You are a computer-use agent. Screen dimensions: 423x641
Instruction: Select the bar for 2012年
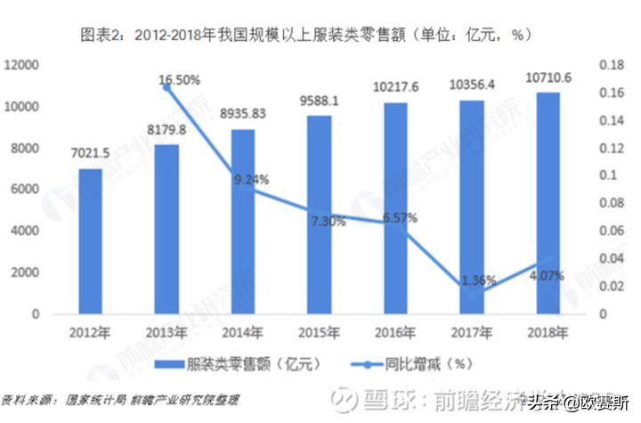coord(90,241)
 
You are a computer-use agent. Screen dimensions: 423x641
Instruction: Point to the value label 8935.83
coord(242,115)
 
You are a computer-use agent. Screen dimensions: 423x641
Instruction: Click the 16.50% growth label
coord(179,80)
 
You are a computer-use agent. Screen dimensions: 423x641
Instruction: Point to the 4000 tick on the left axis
coord(25,231)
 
